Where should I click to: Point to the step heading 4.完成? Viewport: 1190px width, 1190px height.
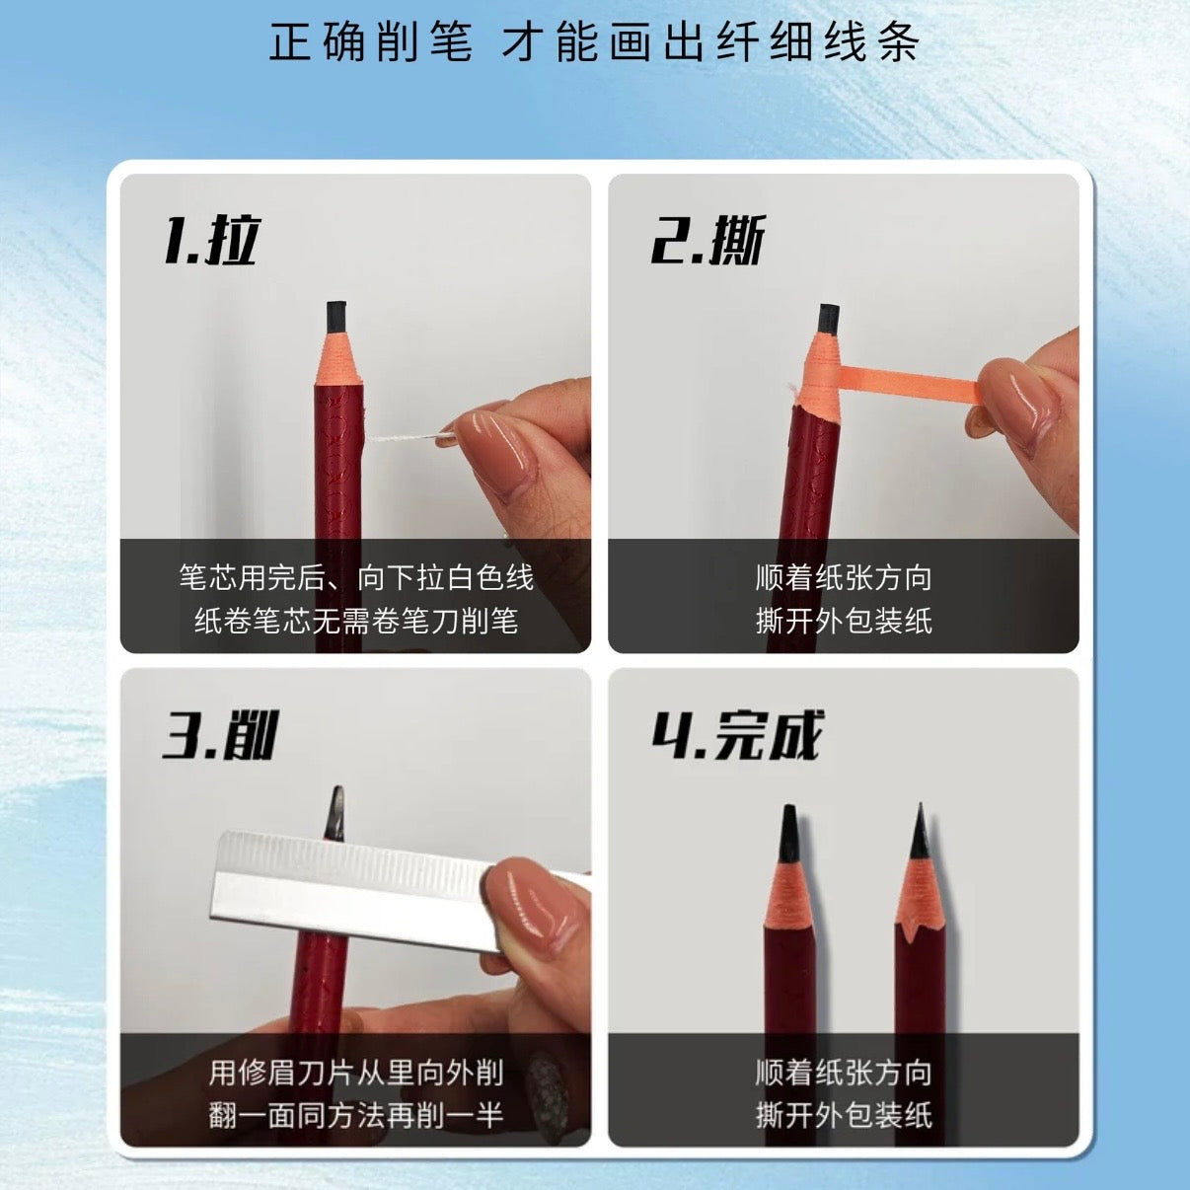736,735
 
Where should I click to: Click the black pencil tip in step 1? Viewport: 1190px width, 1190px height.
336,315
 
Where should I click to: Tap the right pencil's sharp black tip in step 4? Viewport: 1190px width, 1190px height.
918,831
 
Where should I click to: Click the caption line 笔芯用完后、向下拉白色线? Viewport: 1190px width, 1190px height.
355,576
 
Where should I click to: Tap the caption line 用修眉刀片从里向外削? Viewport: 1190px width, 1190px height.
355,1072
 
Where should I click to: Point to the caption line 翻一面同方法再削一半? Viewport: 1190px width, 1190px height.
355,1115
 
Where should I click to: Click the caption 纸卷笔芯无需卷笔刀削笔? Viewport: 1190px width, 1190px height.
355,621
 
